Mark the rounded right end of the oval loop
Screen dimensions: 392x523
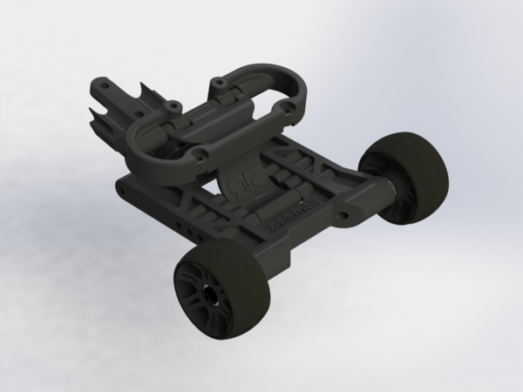[x=301, y=96]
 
